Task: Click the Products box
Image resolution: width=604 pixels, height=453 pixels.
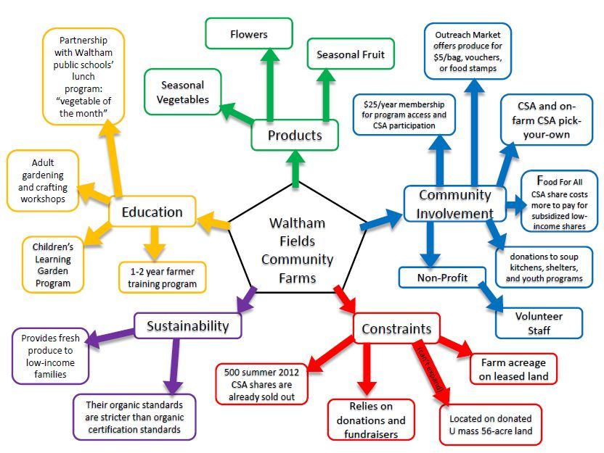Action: (x=295, y=136)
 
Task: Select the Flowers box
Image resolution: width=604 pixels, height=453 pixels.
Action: (x=249, y=34)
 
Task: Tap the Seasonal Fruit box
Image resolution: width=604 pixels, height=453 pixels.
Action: (x=351, y=54)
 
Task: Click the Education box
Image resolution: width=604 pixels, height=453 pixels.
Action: (x=152, y=212)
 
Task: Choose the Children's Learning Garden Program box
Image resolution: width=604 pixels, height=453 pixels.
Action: (x=52, y=265)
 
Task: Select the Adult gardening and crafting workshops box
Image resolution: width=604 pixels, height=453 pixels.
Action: (x=43, y=180)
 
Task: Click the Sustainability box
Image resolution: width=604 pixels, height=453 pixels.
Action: (x=187, y=325)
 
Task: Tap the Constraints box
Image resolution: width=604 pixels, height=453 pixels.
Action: (x=396, y=328)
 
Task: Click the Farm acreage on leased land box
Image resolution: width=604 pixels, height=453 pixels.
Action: (x=514, y=369)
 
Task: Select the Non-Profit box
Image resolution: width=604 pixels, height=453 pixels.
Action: (x=443, y=277)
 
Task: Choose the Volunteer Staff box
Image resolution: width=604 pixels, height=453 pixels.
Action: (x=539, y=323)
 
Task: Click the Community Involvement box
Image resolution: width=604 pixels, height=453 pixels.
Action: (x=455, y=204)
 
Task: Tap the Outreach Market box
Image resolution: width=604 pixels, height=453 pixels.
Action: (x=473, y=51)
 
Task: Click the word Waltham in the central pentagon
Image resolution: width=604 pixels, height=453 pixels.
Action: (x=297, y=223)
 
